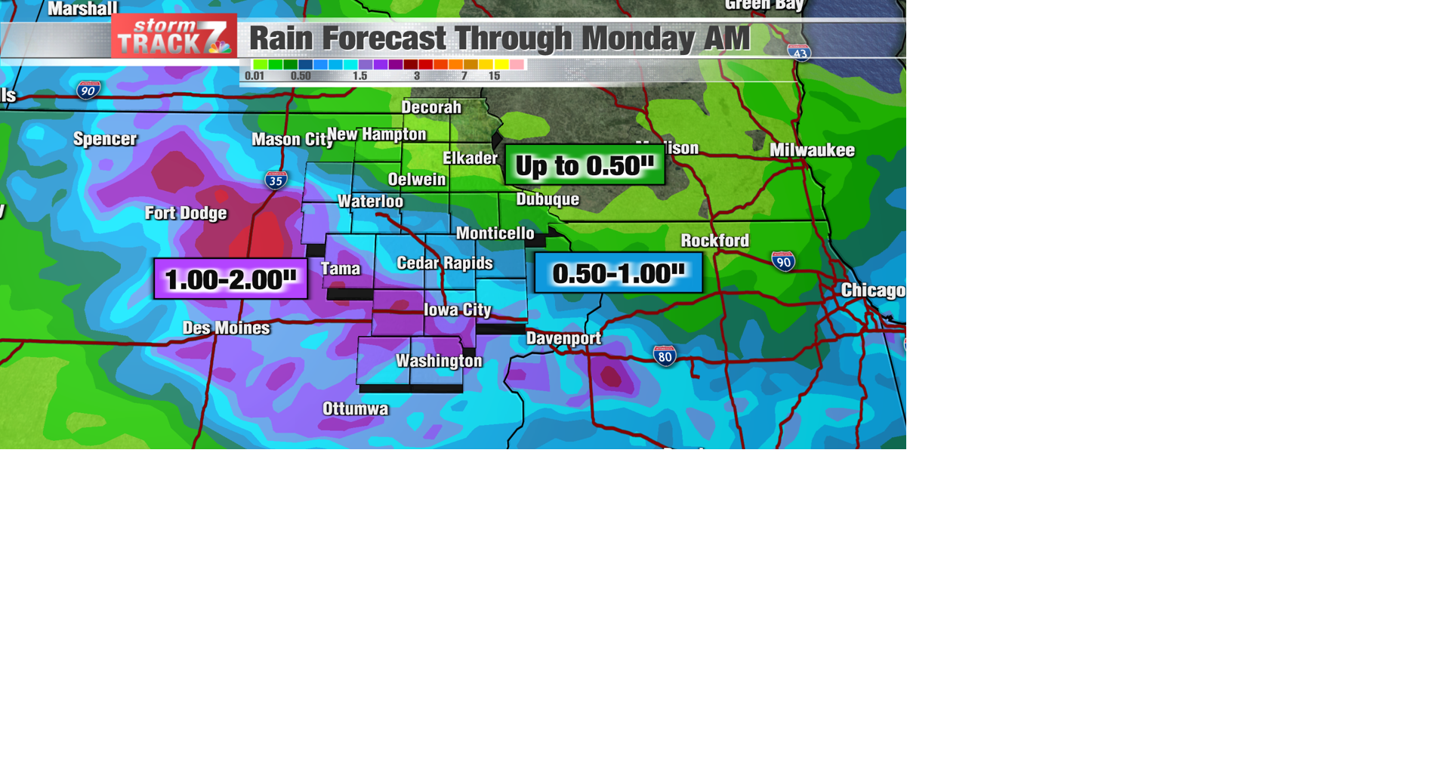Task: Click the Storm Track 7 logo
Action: [174, 36]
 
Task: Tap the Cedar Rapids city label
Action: [444, 263]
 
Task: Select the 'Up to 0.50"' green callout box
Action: [585, 165]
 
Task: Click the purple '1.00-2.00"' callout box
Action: [230, 279]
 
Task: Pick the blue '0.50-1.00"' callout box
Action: [619, 273]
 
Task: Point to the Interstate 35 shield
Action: [276, 180]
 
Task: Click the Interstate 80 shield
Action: [665, 356]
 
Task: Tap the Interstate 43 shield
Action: [799, 52]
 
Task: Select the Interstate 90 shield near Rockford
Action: [783, 262]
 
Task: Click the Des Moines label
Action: [226, 328]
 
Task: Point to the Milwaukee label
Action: [812, 150]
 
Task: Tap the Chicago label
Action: [872, 291]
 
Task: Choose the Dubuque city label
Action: [548, 199]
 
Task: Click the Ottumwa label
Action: [355, 408]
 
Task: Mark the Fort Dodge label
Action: [186, 213]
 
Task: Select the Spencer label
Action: [105, 139]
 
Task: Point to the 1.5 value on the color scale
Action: [359, 76]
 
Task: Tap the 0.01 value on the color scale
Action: [255, 76]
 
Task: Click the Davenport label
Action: [563, 338]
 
